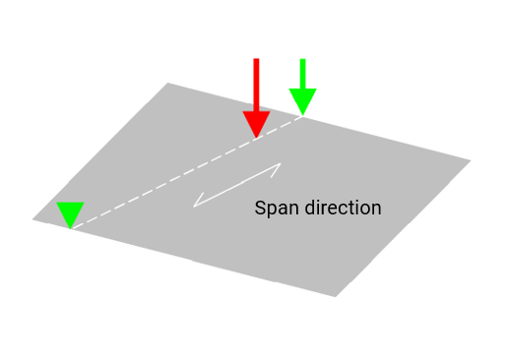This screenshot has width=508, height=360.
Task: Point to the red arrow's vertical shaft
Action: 257,84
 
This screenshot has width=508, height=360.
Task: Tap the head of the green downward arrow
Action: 302,100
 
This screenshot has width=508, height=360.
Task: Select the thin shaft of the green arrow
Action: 302,74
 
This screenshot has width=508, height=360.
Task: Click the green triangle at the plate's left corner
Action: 70,213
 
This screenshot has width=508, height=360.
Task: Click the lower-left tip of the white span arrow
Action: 195,206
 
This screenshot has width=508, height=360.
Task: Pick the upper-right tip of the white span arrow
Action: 281,164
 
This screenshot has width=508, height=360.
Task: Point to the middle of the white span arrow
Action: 238,185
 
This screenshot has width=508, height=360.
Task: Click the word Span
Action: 275,209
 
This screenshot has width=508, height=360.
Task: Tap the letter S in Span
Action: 260,209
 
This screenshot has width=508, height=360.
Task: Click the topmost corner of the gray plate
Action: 168,84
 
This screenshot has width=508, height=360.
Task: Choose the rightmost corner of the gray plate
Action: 470,159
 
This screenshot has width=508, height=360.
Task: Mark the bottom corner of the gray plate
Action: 335,295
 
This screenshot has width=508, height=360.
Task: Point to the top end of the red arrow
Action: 257,60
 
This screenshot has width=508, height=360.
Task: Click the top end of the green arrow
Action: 302,60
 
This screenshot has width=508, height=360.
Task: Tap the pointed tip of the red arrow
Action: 257,137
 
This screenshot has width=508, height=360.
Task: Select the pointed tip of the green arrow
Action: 302,115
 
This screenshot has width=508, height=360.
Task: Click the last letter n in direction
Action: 376,209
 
